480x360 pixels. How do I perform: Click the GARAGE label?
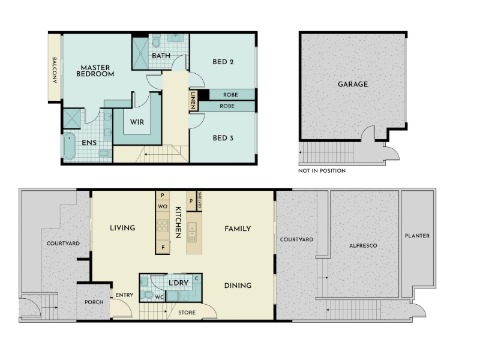click(353, 84)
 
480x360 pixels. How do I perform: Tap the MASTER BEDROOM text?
click(95, 71)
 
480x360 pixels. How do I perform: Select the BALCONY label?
click(55, 70)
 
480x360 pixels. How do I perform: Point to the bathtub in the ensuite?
click(70, 146)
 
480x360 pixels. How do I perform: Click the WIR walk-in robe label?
click(137, 122)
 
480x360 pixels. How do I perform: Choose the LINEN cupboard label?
click(193, 101)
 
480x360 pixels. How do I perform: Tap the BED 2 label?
click(223, 62)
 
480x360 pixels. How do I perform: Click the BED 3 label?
click(223, 138)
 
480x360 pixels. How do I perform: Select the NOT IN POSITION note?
click(322, 171)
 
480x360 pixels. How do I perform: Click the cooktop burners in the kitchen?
click(162, 226)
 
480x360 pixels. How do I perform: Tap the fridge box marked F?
click(163, 247)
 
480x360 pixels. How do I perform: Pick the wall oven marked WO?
click(163, 206)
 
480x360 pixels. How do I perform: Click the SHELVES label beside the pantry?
click(200, 200)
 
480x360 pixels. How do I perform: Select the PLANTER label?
click(417, 236)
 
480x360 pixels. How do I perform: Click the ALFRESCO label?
click(363, 245)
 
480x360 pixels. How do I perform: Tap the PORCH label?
click(94, 302)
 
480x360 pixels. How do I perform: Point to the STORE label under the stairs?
click(187, 313)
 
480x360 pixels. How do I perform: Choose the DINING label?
click(238, 286)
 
